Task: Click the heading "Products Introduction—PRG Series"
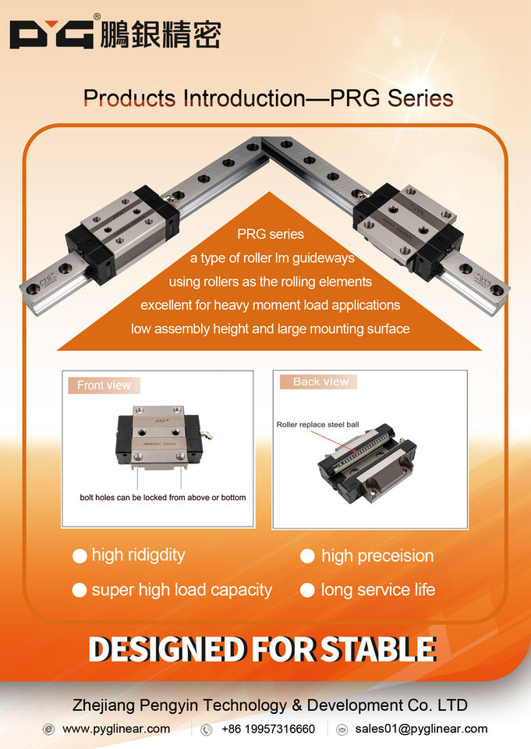pyautogui.click(x=268, y=98)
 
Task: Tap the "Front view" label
pyautogui.click(x=104, y=385)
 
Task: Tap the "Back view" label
pyautogui.click(x=320, y=382)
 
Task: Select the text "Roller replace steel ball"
pyautogui.click(x=317, y=425)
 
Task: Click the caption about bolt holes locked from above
pyautogui.click(x=163, y=497)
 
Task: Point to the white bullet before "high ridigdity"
pyautogui.click(x=79, y=556)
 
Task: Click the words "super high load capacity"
pyautogui.click(x=182, y=590)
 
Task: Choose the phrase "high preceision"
pyautogui.click(x=377, y=556)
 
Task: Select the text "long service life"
pyautogui.click(x=377, y=590)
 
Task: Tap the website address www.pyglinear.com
pyautogui.click(x=116, y=729)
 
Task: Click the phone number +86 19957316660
pyautogui.click(x=268, y=729)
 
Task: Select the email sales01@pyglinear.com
pyautogui.click(x=421, y=729)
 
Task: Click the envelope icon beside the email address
pyautogui.click(x=342, y=729)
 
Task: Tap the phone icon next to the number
pyautogui.click(x=207, y=729)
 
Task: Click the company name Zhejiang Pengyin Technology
pyautogui.click(x=269, y=705)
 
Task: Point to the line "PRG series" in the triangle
pyautogui.click(x=271, y=233)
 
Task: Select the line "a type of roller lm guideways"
pyautogui.click(x=272, y=257)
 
